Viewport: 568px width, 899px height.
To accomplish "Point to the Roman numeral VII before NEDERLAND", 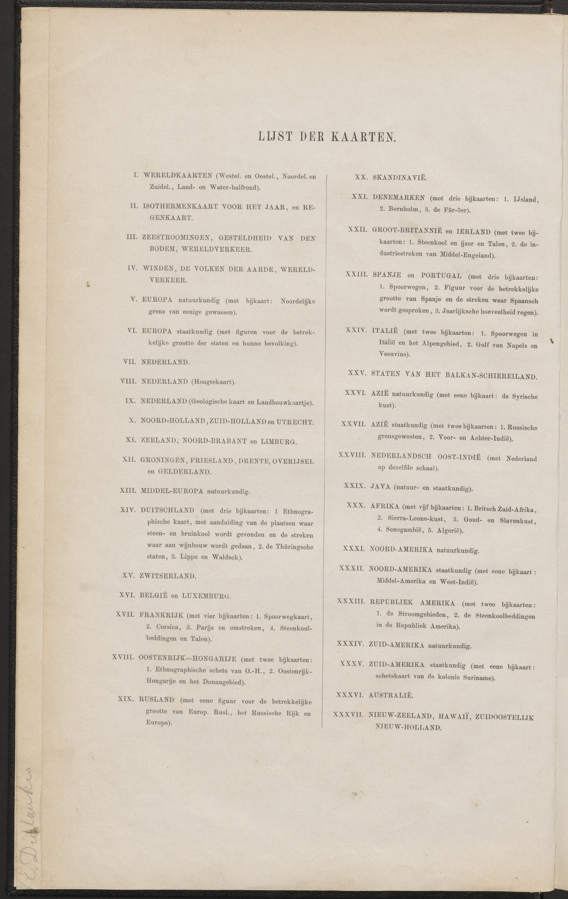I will click(129, 362).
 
